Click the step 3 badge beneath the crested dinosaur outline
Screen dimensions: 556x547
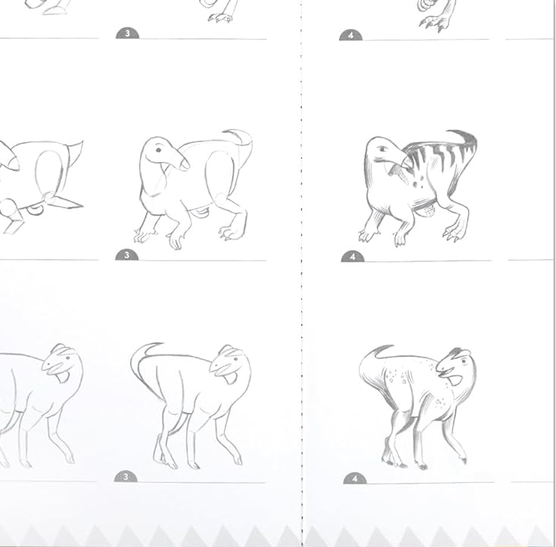click(x=126, y=477)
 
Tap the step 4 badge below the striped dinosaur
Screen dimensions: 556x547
click(x=352, y=257)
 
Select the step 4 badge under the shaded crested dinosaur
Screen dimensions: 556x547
click(x=355, y=478)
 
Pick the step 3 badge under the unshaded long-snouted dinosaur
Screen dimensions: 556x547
click(x=127, y=254)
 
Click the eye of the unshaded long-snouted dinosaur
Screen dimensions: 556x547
click(x=158, y=150)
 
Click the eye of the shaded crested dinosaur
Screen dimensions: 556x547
click(x=463, y=362)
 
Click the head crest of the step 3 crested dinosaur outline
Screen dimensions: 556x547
click(x=230, y=350)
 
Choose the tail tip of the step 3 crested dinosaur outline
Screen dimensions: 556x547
click(x=152, y=345)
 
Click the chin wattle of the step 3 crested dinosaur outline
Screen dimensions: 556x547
click(x=230, y=378)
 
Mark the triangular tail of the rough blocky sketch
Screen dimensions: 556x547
click(x=76, y=152)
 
